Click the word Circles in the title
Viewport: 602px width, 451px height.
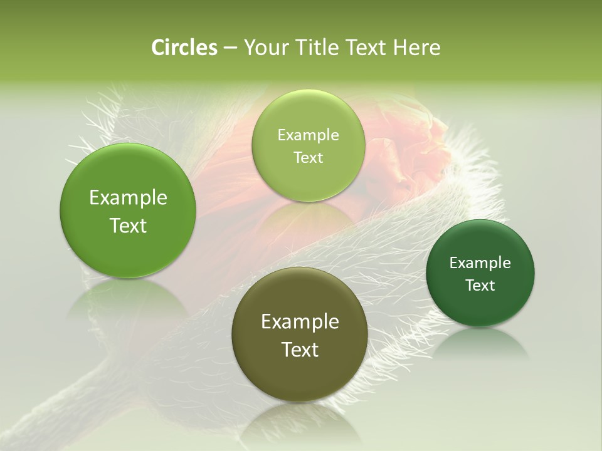[x=184, y=48]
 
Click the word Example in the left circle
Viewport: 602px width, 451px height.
[x=128, y=198]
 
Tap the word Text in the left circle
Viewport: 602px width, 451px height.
[x=128, y=225]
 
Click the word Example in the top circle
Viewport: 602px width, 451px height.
[x=308, y=135]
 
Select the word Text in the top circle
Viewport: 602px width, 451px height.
[x=308, y=158]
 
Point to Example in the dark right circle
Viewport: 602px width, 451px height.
[x=480, y=263]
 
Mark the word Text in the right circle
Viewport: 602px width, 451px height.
[x=480, y=286]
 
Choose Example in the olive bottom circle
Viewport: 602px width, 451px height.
[x=300, y=322]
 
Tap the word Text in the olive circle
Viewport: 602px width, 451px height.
[x=300, y=350]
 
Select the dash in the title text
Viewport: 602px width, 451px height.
[x=230, y=48]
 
